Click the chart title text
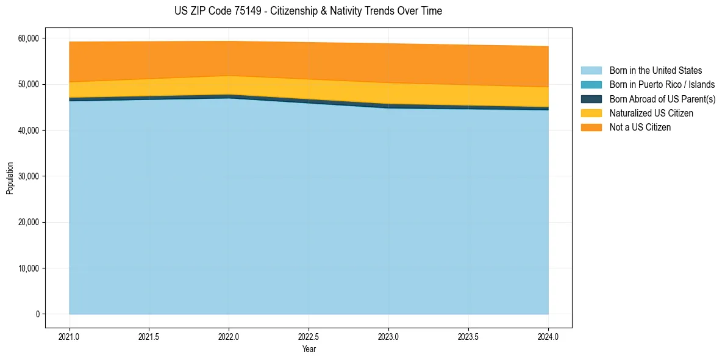pos(308,11)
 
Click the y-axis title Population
pos(10,178)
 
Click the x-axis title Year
pos(309,349)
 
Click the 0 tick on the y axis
pos(37,314)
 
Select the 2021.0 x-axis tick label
pos(70,336)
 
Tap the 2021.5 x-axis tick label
pos(149,336)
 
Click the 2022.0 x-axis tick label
pos(229,336)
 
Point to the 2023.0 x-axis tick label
pos(388,336)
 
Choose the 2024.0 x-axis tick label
pos(548,336)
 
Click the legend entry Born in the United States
pos(655,71)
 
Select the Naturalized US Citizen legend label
pos(651,113)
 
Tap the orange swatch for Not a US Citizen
pos(591,128)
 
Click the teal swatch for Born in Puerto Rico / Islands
pos(591,85)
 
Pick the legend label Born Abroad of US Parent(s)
pos(662,99)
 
